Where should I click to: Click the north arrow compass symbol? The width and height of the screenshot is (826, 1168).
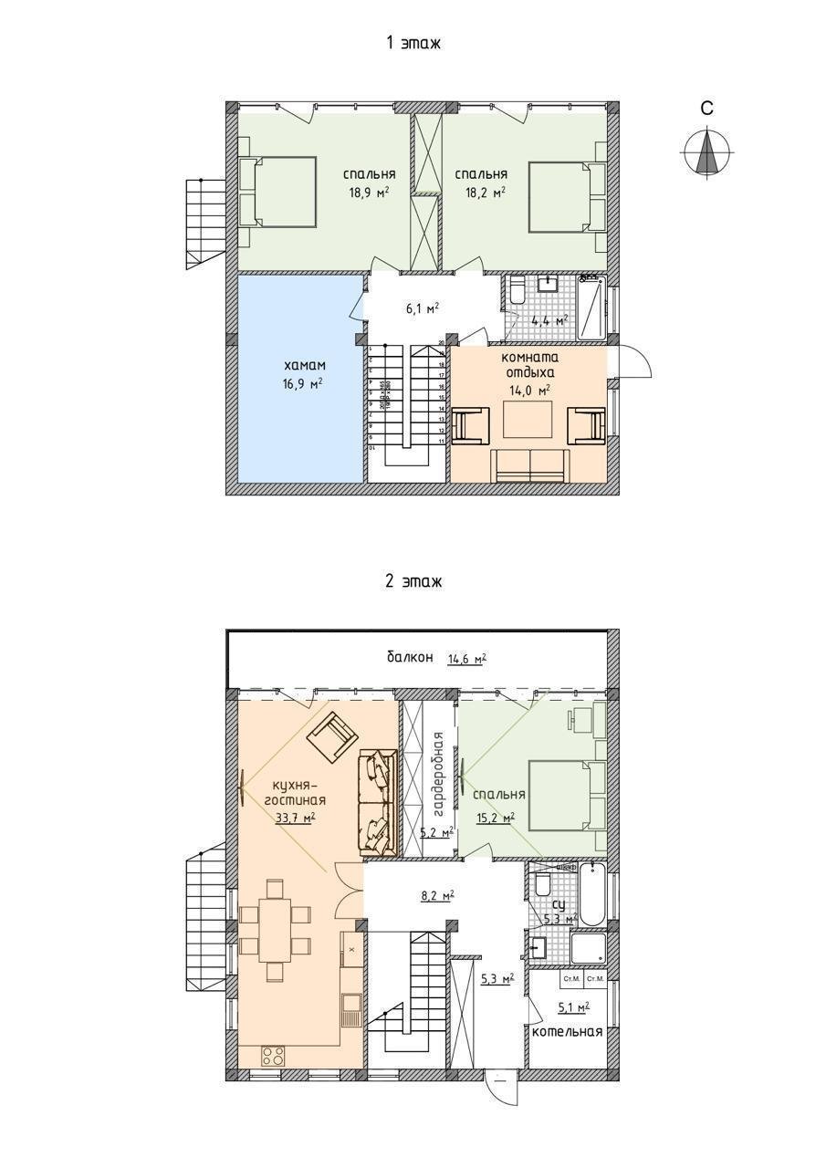point(706,152)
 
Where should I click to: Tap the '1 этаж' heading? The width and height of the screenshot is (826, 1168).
point(413,42)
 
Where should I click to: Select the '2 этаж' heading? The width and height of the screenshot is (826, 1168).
point(413,581)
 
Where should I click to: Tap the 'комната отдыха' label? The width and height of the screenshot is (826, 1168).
point(529,365)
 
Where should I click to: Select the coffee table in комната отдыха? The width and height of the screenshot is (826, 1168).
point(528,422)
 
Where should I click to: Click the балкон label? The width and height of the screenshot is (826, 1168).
point(409,658)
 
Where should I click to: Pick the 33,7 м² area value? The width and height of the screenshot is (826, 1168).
point(295,817)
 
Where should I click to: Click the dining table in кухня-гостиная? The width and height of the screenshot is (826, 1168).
point(276,928)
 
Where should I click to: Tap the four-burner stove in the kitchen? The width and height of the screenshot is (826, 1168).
point(273,1057)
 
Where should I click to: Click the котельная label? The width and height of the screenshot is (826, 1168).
point(568,1032)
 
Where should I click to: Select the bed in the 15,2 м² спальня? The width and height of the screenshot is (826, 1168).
point(559,796)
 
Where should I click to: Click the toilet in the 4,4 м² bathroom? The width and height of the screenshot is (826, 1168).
point(517,291)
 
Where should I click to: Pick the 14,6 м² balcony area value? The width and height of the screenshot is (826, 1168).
point(466,658)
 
